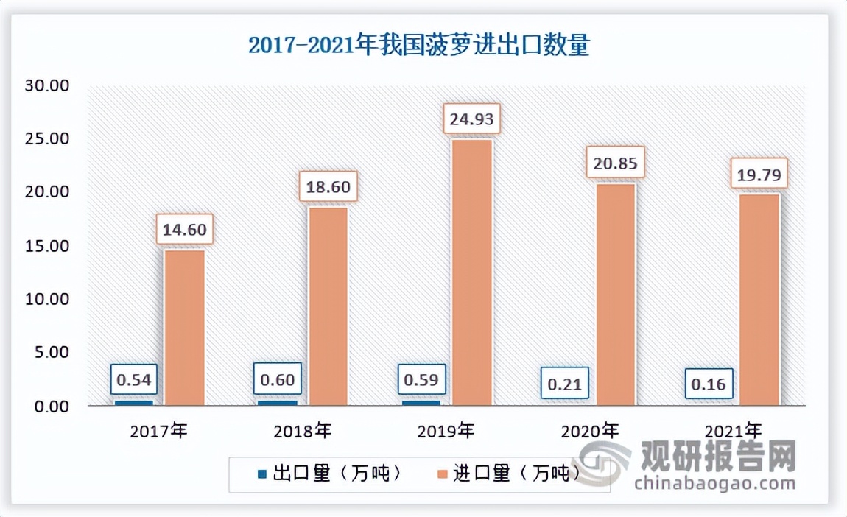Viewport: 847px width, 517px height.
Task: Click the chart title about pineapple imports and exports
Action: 418,46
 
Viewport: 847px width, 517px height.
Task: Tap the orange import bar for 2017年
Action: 184,328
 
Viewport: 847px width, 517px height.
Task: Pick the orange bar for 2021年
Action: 759,299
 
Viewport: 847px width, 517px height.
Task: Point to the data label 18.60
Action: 328,186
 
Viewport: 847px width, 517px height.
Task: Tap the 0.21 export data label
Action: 566,383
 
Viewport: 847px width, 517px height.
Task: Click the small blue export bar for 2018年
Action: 277,403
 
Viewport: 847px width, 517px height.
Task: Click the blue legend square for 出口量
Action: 263,474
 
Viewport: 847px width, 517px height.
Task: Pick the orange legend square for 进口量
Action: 443,474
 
